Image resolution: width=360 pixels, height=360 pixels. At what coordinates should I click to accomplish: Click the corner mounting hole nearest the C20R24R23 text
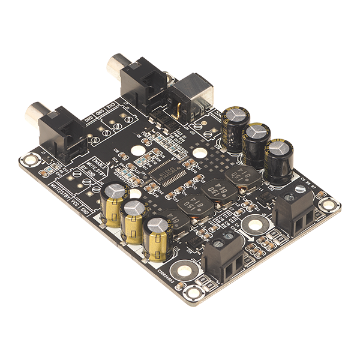click(193, 293)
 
